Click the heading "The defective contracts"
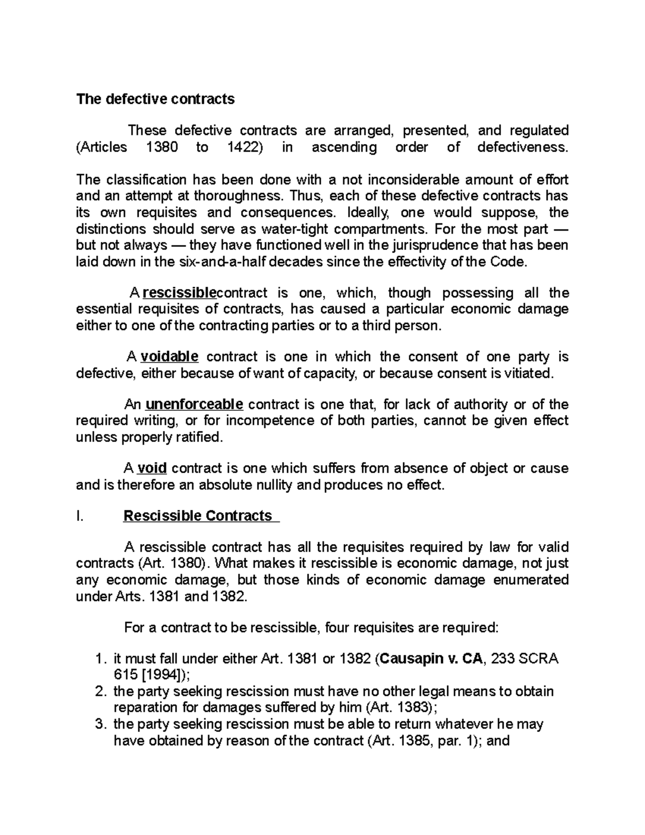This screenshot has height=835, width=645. (155, 99)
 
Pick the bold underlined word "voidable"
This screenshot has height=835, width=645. (169, 357)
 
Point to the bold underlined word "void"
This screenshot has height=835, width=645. (152, 468)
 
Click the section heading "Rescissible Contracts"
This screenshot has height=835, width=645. (198, 516)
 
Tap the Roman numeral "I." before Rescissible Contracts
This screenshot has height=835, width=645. (80, 516)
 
